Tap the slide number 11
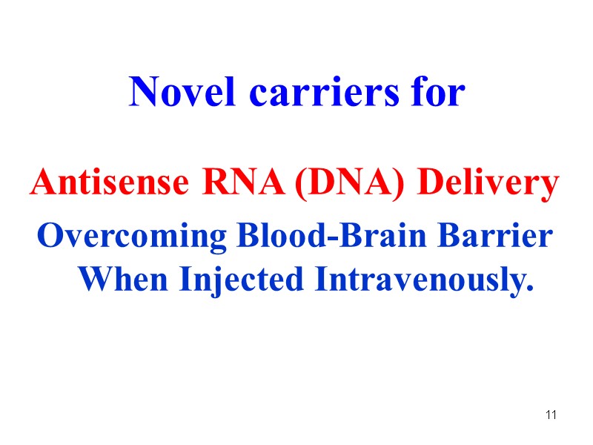pyautogui.click(x=551, y=415)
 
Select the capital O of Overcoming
pyautogui.click(x=49, y=237)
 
